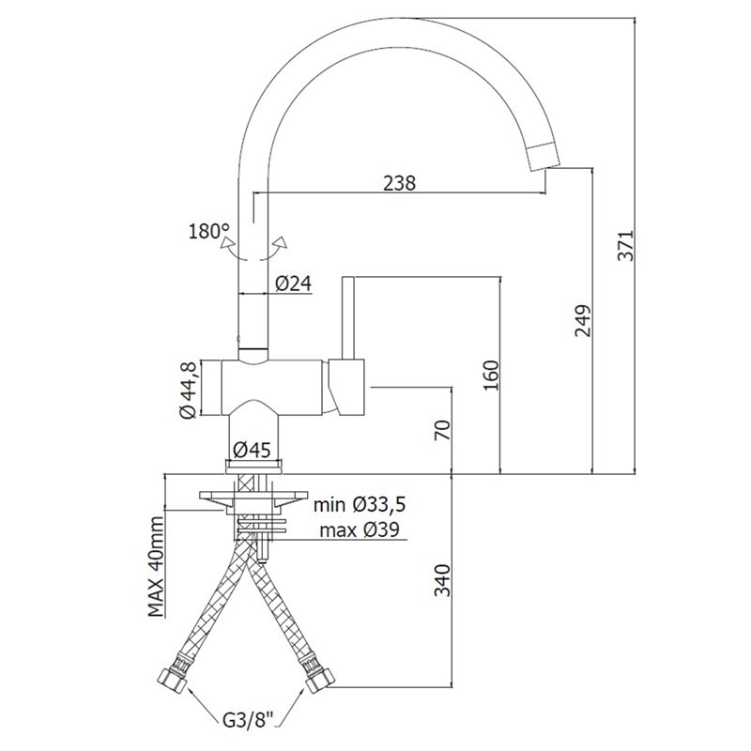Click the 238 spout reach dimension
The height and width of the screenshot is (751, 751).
coord(400,183)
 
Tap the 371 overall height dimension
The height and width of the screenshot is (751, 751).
coord(625,246)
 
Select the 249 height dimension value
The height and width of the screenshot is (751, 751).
coord(583,320)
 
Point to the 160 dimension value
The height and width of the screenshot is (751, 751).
coord(491,375)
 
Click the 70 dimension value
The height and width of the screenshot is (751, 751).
coord(442,430)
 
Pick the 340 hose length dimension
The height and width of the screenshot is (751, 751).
coord(442,580)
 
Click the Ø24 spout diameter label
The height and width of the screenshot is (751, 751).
coord(293,284)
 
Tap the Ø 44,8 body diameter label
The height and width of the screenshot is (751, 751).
coord(190,391)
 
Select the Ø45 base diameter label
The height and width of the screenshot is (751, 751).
coord(252,450)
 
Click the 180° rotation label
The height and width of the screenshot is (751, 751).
coord(209,231)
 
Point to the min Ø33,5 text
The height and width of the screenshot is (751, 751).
coord(360,504)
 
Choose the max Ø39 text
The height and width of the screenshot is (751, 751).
coord(360,530)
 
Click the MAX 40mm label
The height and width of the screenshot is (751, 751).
coord(156,567)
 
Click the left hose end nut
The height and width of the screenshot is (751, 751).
coord(173,680)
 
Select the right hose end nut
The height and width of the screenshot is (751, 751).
coord(320,680)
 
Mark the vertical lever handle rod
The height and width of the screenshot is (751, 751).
coord(348,317)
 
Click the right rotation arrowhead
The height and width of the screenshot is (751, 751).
coord(281,242)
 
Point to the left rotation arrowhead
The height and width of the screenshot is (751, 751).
coord(227,242)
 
